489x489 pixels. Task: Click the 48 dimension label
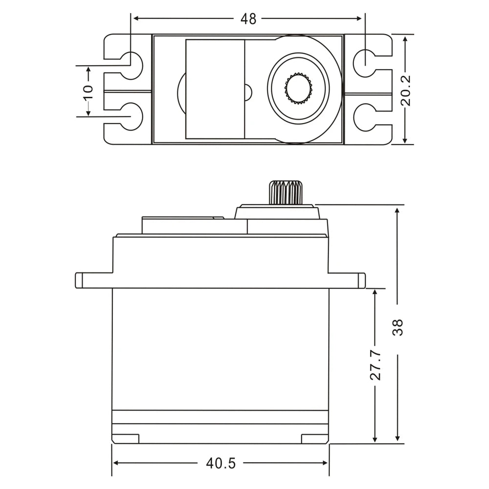click(x=248, y=19)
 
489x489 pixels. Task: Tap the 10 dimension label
click(x=88, y=91)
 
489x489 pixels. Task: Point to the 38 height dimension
click(x=399, y=327)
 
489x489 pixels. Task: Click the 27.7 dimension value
click(x=375, y=364)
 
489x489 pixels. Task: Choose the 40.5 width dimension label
click(x=221, y=463)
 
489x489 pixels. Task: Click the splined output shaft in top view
click(x=298, y=88)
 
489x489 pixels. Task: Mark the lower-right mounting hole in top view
click(x=364, y=117)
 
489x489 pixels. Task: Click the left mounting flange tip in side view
click(x=78, y=280)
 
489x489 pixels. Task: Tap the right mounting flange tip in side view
click(x=362, y=280)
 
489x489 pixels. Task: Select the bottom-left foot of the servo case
click(x=126, y=439)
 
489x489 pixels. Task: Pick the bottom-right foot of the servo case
click(x=314, y=439)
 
